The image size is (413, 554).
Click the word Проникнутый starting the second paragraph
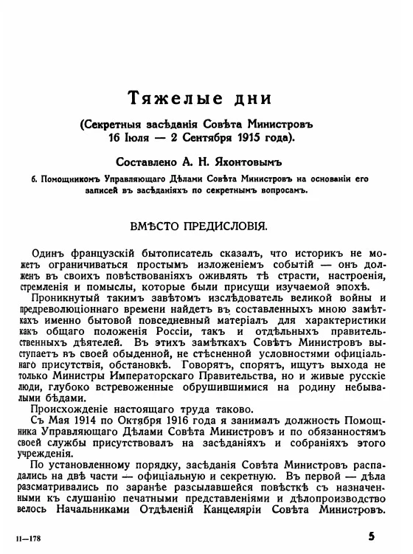coord(61,297)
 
